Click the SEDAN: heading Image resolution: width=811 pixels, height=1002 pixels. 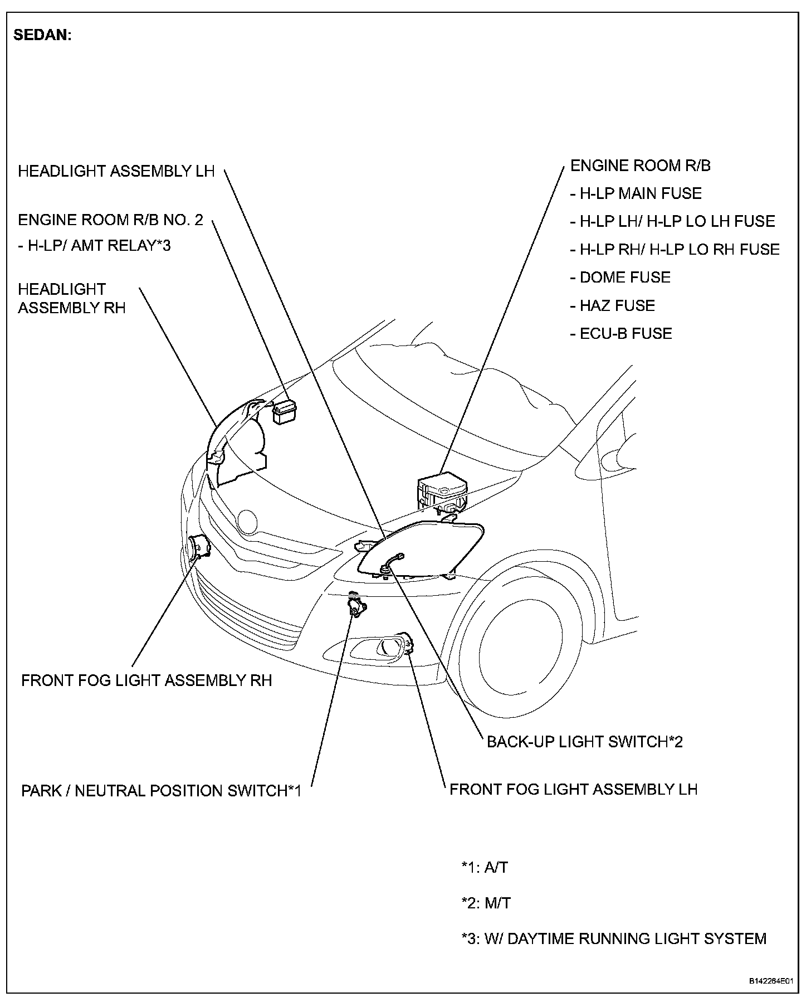42,36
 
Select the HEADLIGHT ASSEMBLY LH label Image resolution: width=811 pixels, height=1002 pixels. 116,171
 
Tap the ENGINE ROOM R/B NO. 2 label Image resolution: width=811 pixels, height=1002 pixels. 110,220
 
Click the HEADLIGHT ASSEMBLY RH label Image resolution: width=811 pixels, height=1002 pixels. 71,299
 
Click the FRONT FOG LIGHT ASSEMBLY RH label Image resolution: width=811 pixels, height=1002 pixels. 146,680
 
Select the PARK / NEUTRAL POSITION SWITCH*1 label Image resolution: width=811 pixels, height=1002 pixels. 161,791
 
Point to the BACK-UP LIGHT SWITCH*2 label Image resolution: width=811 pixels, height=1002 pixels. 584,742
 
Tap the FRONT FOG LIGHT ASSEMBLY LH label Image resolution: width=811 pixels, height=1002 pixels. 573,789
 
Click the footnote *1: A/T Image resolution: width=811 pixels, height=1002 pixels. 485,867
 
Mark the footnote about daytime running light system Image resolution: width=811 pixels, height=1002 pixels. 614,938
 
